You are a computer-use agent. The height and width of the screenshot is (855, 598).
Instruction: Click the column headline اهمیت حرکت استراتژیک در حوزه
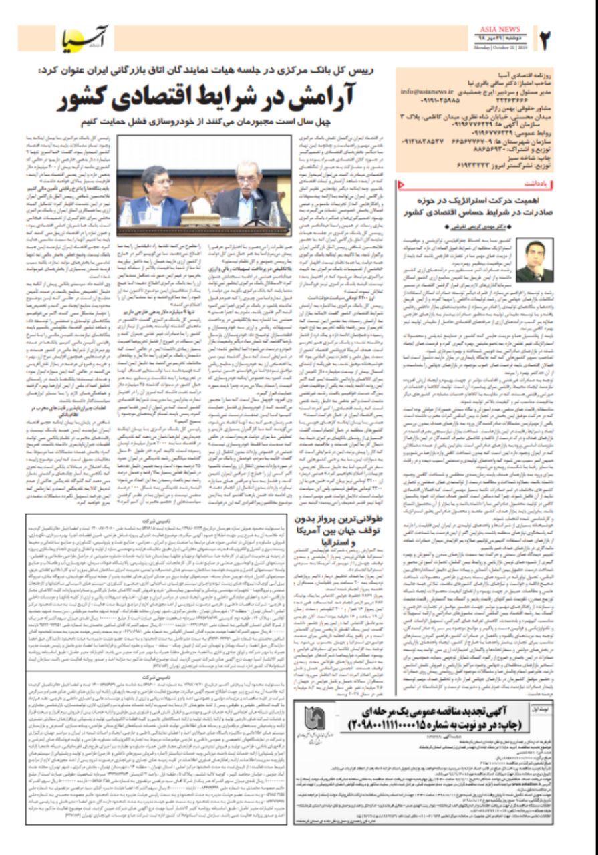(x=484, y=200)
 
